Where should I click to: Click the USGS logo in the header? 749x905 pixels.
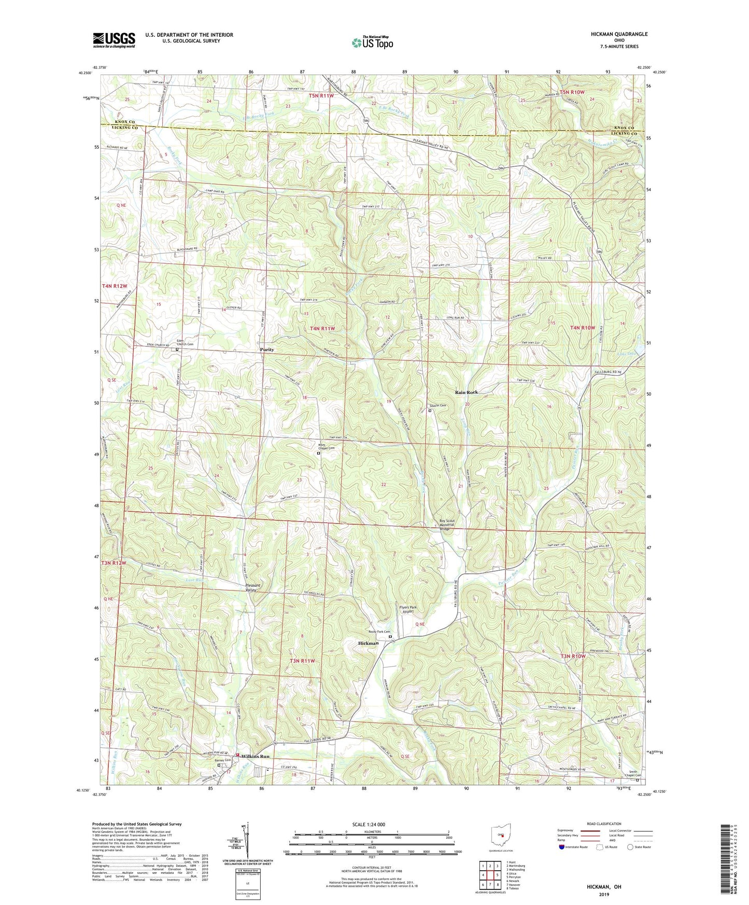(x=114, y=39)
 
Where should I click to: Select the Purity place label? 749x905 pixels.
(x=267, y=350)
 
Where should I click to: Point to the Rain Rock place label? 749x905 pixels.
(x=466, y=392)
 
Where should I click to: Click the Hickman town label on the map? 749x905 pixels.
(x=369, y=643)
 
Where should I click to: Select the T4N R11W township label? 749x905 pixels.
(x=322, y=329)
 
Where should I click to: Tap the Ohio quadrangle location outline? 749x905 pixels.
(x=501, y=835)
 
